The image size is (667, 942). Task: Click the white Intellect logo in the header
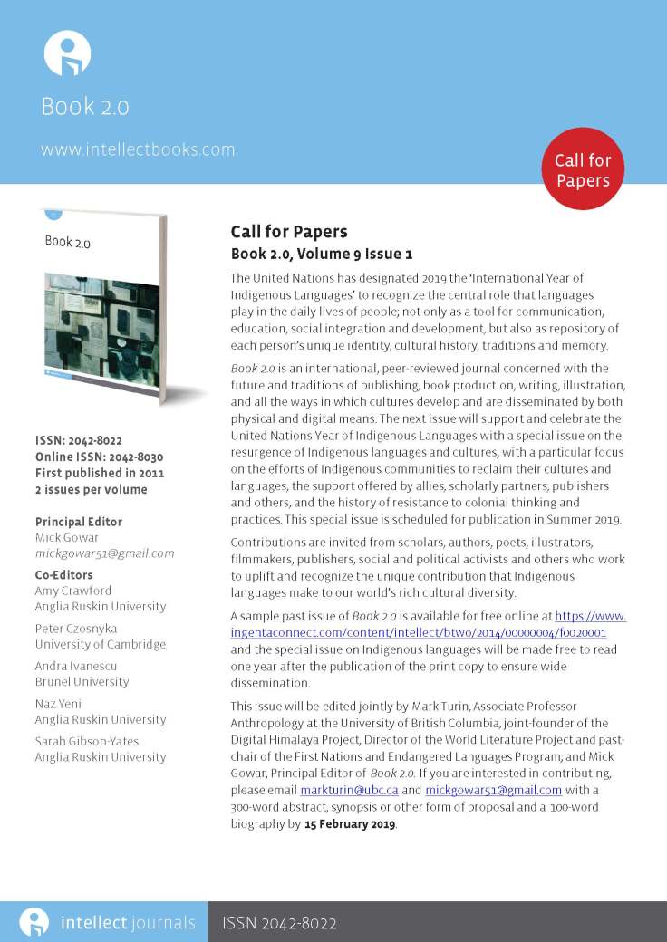[67, 53]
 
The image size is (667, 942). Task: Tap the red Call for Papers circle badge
[583, 170]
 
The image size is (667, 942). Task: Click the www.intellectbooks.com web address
[138, 149]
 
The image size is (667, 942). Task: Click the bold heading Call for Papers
[288, 233]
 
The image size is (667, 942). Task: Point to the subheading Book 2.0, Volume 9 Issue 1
[322, 255]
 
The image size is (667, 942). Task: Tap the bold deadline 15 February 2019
[350, 825]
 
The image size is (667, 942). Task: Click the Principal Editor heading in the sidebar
[79, 522]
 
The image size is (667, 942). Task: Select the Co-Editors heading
[63, 575]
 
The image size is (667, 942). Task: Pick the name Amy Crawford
[73, 591]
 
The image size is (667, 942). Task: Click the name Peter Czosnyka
[75, 629]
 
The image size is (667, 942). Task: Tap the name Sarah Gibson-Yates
[87, 741]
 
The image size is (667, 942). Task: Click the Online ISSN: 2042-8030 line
[99, 457]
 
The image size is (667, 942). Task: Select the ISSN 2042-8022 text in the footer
[279, 924]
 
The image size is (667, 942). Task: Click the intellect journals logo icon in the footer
[34, 923]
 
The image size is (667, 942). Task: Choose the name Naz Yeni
[61, 704]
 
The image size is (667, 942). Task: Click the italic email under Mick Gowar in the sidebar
[104, 553]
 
